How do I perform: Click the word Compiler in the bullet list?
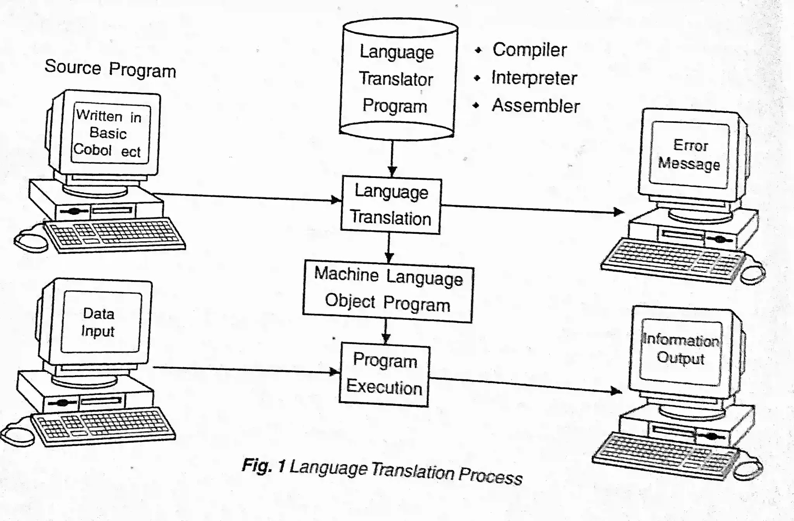[x=530, y=50]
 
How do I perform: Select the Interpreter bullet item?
[x=534, y=78]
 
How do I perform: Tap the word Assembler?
[x=535, y=106]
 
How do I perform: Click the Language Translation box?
[x=391, y=205]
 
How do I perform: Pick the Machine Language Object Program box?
[x=388, y=291]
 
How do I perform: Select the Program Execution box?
[x=384, y=374]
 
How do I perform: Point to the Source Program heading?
[x=110, y=69]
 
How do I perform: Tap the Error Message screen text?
[x=689, y=154]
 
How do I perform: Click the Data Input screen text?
[x=98, y=322]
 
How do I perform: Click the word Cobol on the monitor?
[x=92, y=149]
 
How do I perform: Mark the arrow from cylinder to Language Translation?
[x=392, y=157]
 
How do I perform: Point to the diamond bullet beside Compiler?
[x=478, y=50]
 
